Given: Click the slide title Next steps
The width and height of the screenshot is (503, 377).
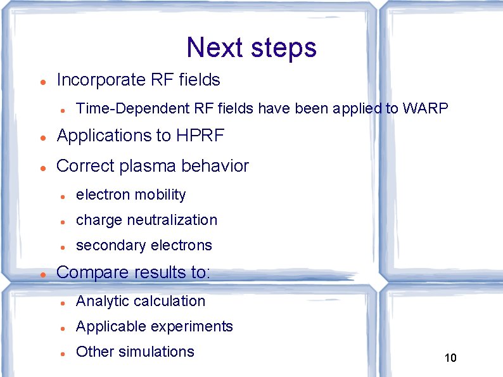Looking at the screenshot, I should pyautogui.click(x=251, y=48).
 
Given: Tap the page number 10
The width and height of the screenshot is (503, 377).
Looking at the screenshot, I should pyautogui.click(x=450, y=358).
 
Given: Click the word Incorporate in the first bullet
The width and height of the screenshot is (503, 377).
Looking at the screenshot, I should pyautogui.click(x=101, y=80).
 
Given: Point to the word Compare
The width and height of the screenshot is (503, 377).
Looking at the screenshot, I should pyautogui.click(x=92, y=272).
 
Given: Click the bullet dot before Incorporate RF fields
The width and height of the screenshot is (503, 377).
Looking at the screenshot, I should pyautogui.click(x=41, y=82).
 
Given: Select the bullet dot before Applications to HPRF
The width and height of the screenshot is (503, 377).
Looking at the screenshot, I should pyautogui.click(x=41, y=137).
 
